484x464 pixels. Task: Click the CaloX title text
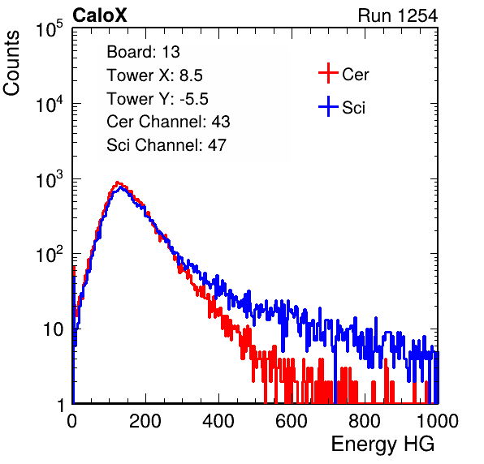pos(100,15)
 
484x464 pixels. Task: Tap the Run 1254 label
pos(398,15)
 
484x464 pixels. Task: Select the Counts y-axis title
pos(11,63)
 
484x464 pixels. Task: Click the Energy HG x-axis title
pos(382,444)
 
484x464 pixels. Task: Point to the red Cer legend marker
pos(328,73)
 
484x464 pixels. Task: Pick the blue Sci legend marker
pos(328,107)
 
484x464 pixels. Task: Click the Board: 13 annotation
pos(143,52)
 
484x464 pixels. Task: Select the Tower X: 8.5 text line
pos(154,75)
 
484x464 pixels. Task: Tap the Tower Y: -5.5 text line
pos(158,99)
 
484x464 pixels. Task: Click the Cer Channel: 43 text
pos(168,122)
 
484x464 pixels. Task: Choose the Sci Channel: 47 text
pos(166,145)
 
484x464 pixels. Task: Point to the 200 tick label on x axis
pos(145,421)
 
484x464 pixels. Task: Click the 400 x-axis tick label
pos(218,421)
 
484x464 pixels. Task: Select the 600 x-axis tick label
pos(292,421)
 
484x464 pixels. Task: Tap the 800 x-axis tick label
pos(365,421)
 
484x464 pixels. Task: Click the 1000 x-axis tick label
pos(438,421)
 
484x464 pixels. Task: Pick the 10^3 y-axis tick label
pos(50,179)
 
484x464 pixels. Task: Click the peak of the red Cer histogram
pos(117,183)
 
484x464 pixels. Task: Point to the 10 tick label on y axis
pos(54,330)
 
